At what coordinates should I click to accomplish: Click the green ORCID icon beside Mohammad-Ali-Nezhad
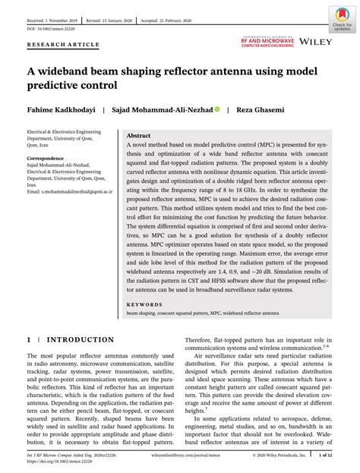pos(217,109)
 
